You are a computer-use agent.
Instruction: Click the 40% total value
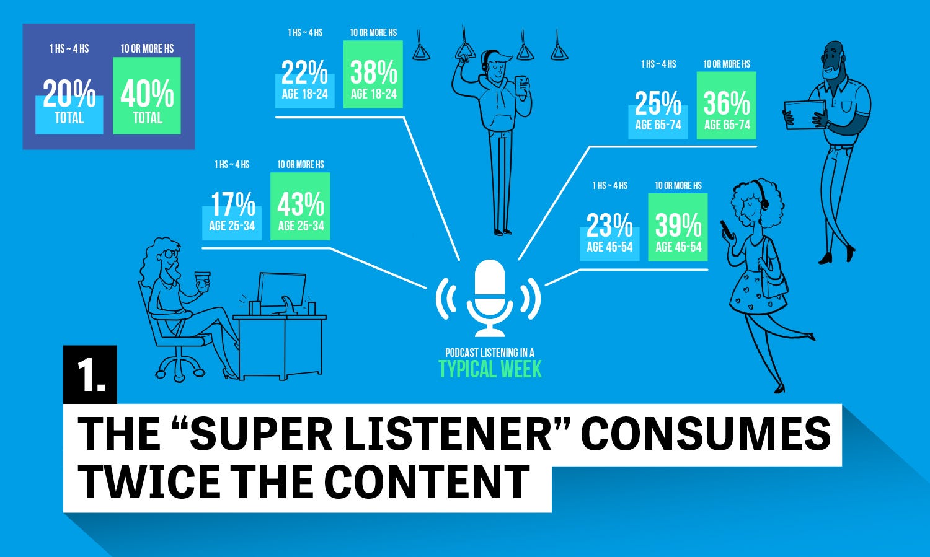(147, 94)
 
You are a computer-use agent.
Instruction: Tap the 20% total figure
(69, 94)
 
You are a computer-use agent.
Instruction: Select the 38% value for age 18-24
(373, 72)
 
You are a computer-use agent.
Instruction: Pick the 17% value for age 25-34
(232, 204)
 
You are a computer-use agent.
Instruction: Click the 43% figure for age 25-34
(301, 204)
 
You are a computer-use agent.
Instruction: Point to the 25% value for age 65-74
(658, 103)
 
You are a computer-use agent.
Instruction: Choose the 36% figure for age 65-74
(727, 103)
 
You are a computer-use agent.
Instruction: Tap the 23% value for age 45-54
(609, 225)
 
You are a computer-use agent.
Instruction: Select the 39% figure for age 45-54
(678, 225)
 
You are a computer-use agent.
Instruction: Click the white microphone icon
(490, 298)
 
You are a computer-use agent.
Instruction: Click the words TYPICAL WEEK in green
(490, 369)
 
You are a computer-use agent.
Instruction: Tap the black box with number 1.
(90, 374)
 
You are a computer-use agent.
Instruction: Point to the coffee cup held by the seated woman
(203, 281)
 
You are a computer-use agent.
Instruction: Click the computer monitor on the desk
(281, 289)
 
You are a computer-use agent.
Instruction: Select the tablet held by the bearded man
(804, 115)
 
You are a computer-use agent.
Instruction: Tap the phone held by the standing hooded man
(521, 85)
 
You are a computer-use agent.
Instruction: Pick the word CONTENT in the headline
(427, 482)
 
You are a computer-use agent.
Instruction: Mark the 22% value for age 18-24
(305, 72)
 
